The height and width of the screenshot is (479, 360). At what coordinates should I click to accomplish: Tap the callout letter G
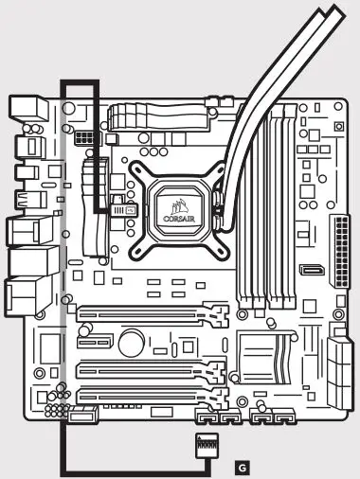tap(243, 466)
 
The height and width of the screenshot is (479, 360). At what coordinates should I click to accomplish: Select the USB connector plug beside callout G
tap(206, 446)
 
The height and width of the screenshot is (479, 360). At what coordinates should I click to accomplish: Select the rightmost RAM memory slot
tap(288, 208)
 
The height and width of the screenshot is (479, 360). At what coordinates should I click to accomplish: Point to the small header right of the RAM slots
tap(311, 272)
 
